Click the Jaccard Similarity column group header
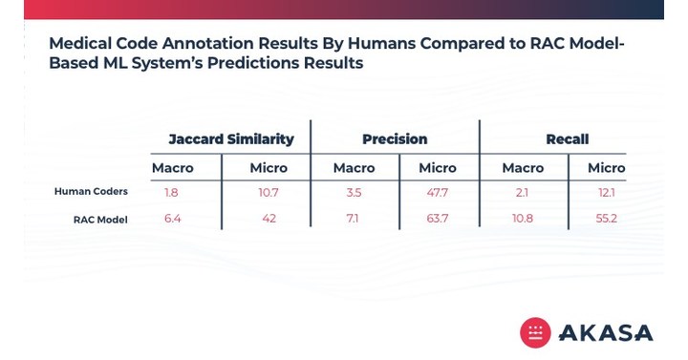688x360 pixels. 231,139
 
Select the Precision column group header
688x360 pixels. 395,139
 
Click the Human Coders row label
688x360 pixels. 91,192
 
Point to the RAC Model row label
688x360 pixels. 100,220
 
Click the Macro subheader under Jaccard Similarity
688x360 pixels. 173,168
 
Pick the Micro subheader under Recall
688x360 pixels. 606,168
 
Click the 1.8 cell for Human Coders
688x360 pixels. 171,192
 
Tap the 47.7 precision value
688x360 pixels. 438,192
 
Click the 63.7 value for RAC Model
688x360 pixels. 438,220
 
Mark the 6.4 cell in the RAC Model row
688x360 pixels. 172,220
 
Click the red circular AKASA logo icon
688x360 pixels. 535,331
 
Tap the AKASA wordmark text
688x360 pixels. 606,332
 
